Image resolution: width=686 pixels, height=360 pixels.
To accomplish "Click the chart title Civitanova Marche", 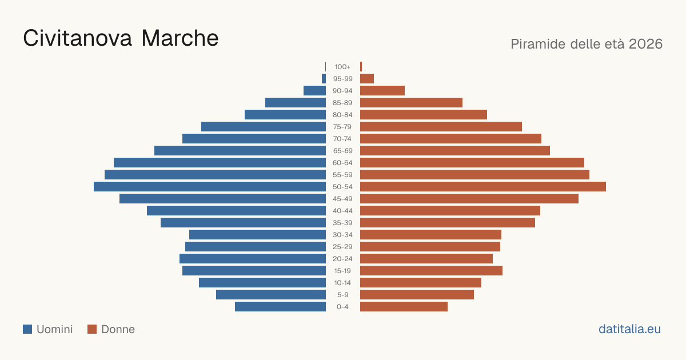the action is point(121,38).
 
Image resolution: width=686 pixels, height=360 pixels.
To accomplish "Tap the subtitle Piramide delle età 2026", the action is point(587,44).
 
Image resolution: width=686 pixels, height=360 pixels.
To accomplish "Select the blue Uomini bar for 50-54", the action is point(210,187).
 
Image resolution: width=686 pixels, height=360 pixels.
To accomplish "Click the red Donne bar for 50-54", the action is point(483,187).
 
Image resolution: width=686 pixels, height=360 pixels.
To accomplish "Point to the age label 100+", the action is point(342,67).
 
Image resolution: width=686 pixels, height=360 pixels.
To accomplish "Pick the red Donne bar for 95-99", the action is point(367,79).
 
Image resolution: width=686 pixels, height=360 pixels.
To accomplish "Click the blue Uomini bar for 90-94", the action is point(314,91).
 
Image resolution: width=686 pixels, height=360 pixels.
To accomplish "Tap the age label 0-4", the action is point(342,307).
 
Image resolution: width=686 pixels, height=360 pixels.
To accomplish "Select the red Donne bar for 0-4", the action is point(404,307).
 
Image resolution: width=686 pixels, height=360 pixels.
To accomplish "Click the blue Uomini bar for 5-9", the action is point(271,295).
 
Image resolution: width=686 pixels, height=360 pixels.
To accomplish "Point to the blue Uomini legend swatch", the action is point(27,329).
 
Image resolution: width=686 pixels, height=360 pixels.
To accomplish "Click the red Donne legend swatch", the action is point(92,329).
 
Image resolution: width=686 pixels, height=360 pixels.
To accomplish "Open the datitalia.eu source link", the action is point(629,329).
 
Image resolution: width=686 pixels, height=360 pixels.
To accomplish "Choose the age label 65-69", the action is point(342,151).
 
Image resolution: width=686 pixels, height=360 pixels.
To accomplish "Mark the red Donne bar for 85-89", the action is point(411,102).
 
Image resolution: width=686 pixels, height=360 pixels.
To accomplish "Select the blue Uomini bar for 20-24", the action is point(253,259).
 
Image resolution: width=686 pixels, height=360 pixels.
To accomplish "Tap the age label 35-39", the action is point(342,223).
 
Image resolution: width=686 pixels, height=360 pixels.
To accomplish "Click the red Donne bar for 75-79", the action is point(441,127).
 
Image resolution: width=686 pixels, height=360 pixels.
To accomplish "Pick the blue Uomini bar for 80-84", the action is point(285,115).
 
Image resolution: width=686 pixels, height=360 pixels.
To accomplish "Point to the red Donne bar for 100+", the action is point(361,67).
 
